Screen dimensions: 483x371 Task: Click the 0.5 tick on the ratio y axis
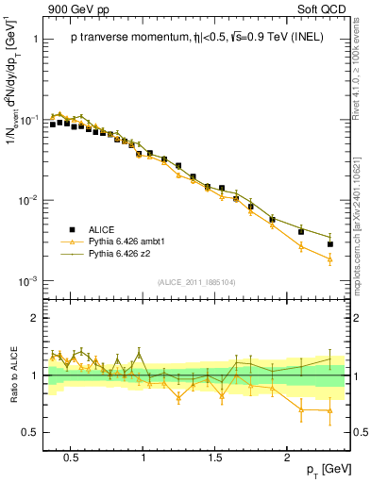pyautogui.click(x=31, y=432)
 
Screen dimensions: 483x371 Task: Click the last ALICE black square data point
pyautogui.click(x=329, y=244)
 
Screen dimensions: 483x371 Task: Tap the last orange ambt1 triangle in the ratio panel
pyautogui.click(x=329, y=410)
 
